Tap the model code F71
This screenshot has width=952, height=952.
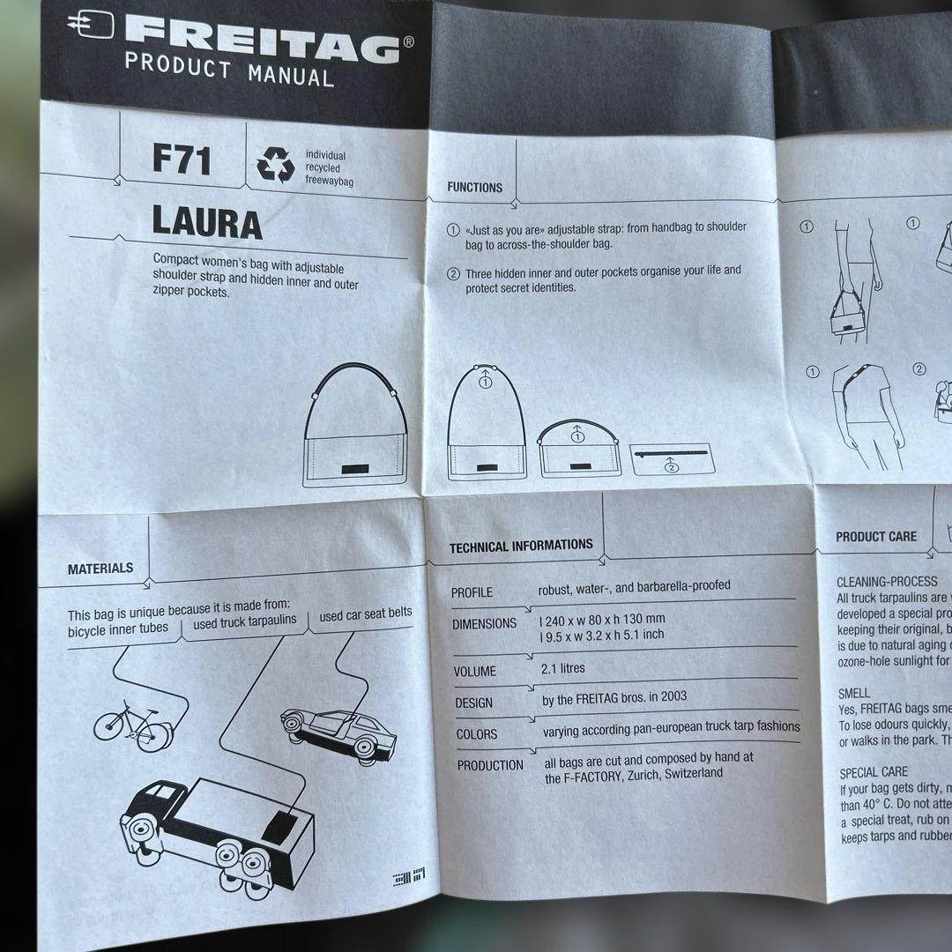182,160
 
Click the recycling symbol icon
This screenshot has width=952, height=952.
275,165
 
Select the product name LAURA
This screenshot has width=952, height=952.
207,224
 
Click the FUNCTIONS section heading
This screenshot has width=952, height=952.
474,188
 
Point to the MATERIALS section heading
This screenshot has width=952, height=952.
100,569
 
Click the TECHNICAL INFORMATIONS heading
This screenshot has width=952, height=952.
521,547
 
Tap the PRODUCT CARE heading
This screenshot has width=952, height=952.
876,537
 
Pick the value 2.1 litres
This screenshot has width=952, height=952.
562,669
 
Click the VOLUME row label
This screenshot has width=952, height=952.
475,672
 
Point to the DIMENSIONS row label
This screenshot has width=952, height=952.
484,624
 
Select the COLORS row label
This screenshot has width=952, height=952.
477,734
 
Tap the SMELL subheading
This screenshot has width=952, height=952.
854,693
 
